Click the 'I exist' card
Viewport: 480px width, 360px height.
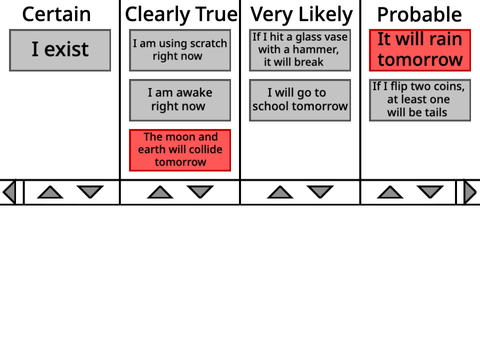(x=60, y=50)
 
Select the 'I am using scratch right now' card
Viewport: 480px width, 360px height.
(x=180, y=50)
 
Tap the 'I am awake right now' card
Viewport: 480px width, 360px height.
(x=180, y=100)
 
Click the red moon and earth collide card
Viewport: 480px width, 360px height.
(x=180, y=150)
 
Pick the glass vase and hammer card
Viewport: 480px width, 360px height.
(x=300, y=50)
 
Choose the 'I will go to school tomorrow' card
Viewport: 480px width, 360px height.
(x=300, y=100)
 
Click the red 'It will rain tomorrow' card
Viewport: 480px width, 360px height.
(x=420, y=50)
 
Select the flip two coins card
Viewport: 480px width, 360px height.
(x=420, y=100)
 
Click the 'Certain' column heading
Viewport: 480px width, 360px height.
(x=56, y=14)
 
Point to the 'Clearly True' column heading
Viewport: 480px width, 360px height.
(x=181, y=15)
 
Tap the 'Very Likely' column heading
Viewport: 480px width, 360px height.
(x=301, y=15)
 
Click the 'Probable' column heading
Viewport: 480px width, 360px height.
(x=419, y=15)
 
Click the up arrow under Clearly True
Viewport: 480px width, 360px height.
(x=160, y=192)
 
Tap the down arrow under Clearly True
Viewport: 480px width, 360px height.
(x=200, y=192)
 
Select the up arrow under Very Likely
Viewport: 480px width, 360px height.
(x=280, y=192)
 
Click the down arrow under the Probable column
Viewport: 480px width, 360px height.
(x=430, y=192)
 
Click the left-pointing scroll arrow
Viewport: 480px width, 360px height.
(x=9, y=192)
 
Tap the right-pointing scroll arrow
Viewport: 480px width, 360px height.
(x=470, y=192)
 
